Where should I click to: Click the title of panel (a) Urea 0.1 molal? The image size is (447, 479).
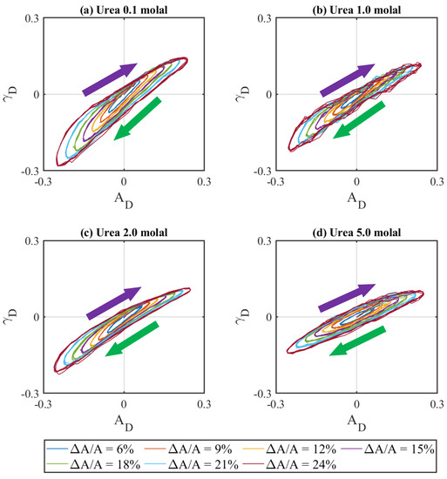click(x=125, y=8)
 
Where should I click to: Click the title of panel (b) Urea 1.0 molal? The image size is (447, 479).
click(x=358, y=8)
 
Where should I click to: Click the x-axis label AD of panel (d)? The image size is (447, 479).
click(x=359, y=416)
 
